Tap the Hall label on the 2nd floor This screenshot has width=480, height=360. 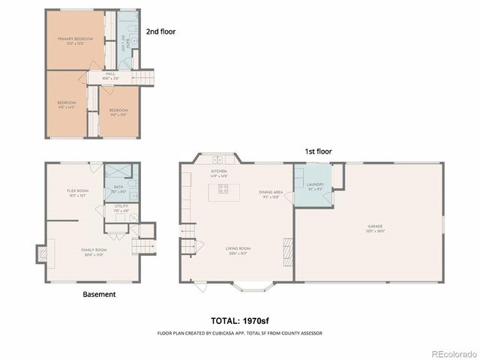110,75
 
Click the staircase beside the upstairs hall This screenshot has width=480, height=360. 143,76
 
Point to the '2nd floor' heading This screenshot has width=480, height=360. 160,31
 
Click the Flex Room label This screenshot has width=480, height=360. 78,192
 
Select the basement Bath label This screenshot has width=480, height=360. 118,188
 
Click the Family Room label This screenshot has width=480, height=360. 94,250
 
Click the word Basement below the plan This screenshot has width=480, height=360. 99,295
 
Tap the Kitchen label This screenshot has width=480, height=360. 219,172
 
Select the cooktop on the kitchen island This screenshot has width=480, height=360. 223,189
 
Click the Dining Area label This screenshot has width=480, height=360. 271,193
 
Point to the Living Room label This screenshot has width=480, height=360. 238,250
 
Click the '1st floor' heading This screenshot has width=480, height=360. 317,151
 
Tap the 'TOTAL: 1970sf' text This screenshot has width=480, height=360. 239,319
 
